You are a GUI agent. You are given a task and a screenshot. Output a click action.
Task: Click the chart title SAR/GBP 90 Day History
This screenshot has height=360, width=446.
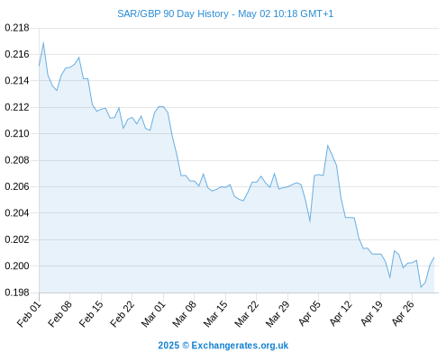173,14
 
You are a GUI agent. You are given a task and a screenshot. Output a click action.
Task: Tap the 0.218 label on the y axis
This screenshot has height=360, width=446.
17,28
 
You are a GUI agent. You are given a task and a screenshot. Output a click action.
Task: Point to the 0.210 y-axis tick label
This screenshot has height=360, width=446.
17,133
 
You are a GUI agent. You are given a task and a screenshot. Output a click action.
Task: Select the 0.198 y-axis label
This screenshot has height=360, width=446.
17,292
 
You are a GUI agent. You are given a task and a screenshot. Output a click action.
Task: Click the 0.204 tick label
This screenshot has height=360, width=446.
17,213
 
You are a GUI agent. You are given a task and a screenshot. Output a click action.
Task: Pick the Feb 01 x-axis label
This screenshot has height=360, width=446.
29,314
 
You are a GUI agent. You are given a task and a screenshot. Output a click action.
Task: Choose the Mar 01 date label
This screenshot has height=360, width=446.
153,314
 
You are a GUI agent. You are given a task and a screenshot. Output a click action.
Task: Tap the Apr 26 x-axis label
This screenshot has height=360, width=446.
402,314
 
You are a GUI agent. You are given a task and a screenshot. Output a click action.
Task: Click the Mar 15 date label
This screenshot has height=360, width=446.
215,314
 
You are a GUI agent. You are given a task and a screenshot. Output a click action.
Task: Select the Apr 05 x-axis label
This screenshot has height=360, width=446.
309,314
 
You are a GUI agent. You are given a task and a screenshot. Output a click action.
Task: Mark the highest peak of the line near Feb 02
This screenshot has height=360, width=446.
43,42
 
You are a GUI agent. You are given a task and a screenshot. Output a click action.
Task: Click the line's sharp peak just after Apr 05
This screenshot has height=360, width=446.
328,146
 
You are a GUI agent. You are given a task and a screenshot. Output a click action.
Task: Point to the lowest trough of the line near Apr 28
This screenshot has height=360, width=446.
421,287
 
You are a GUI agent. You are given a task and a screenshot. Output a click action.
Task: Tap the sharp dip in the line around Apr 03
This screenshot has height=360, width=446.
310,221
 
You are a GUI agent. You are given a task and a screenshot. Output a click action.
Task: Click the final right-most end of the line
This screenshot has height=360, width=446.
434,257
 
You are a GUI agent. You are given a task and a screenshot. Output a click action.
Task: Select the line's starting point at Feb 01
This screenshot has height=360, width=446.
39,65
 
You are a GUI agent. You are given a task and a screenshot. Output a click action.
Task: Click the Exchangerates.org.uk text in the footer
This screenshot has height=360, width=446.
240,346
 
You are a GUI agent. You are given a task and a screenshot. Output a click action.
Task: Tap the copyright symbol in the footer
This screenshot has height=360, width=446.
186,346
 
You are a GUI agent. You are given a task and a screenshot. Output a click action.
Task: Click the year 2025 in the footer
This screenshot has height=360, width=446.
168,346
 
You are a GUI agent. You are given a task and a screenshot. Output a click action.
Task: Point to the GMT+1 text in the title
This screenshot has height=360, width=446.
316,14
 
